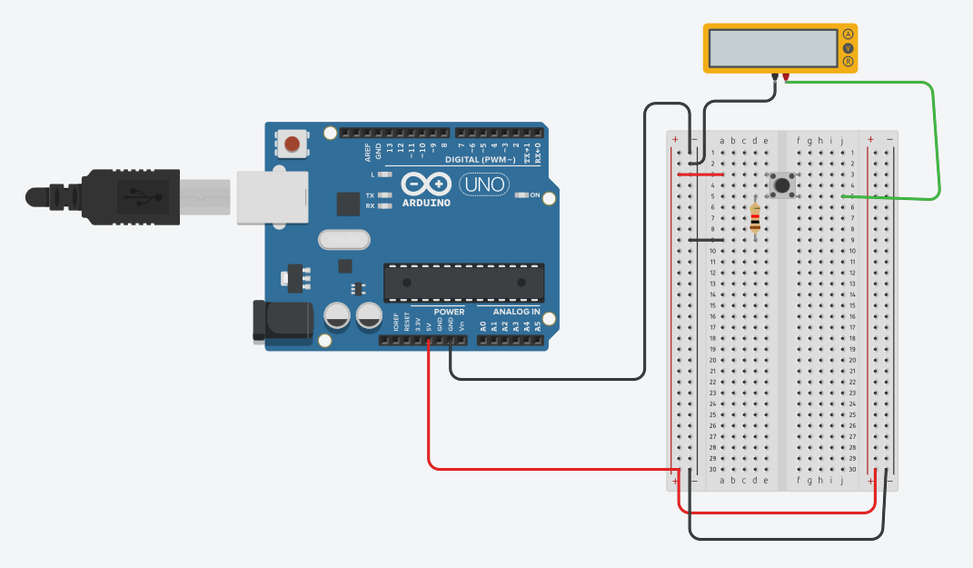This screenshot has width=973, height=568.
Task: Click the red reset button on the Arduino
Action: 292,144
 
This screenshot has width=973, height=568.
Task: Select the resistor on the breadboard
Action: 755,219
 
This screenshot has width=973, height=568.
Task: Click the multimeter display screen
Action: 773,47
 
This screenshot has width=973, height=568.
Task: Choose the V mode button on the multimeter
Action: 849,48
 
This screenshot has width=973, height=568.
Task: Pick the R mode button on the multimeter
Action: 849,62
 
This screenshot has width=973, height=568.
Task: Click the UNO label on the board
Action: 483,184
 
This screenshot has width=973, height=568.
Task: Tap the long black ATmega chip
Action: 463,283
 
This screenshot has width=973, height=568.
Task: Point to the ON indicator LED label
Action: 535,195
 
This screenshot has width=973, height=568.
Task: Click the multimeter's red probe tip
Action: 786,78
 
